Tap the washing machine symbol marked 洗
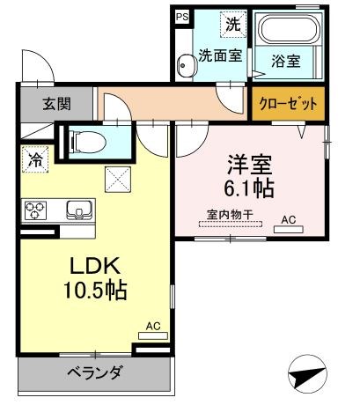click(x=231, y=25)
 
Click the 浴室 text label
click(x=285, y=63)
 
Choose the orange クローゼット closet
click(x=287, y=104)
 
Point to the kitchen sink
click(x=77, y=210)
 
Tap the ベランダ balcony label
click(x=92, y=371)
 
